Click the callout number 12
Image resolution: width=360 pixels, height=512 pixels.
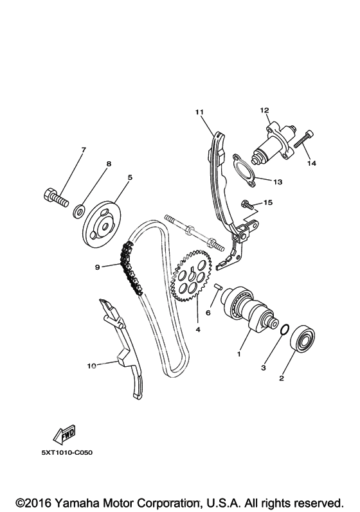tap(264, 110)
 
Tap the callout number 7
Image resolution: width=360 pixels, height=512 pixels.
tap(84, 150)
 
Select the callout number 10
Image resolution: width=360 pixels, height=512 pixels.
tap(91, 366)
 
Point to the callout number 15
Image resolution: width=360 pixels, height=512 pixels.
tap(268, 202)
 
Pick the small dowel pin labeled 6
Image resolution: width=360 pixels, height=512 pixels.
tap(218, 287)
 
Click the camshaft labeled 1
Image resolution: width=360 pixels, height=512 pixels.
tap(249, 308)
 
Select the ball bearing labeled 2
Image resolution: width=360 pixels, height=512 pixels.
tap(303, 339)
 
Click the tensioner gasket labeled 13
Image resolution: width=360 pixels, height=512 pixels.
tap(244, 172)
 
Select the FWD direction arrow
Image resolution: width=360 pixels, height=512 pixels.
tap(65, 435)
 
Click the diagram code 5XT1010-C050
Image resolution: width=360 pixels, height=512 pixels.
tap(67, 452)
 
